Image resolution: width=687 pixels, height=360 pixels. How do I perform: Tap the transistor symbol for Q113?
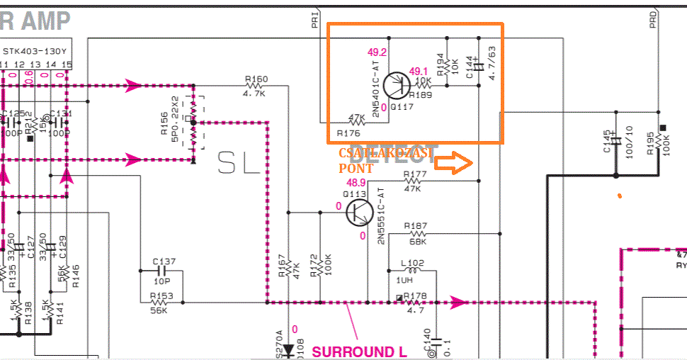(360, 211)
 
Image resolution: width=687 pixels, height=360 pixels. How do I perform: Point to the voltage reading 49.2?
(377, 52)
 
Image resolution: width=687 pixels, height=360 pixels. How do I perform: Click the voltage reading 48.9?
(356, 182)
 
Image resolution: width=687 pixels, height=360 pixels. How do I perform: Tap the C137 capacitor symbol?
(164, 271)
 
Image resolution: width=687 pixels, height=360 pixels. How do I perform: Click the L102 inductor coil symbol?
(412, 270)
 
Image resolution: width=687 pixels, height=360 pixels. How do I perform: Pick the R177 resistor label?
(414, 174)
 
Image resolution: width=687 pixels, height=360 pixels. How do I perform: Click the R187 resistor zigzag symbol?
(417, 234)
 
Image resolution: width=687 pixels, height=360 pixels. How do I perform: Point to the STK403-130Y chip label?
(35, 52)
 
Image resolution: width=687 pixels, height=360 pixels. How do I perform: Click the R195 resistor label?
(651, 145)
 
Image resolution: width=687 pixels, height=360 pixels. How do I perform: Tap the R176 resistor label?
(349, 133)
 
